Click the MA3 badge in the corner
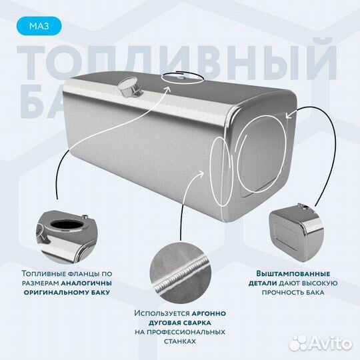pos(37,27)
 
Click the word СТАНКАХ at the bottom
pos(179,341)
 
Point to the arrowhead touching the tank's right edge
pos(289,115)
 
